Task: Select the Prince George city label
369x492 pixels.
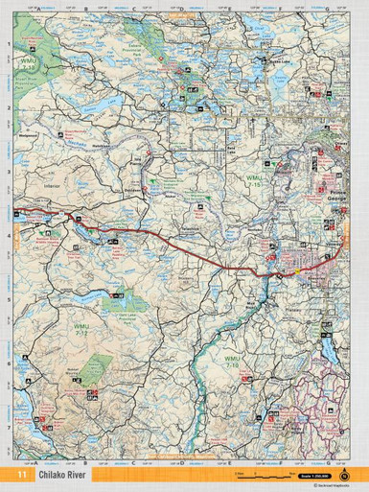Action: click(329, 199)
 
